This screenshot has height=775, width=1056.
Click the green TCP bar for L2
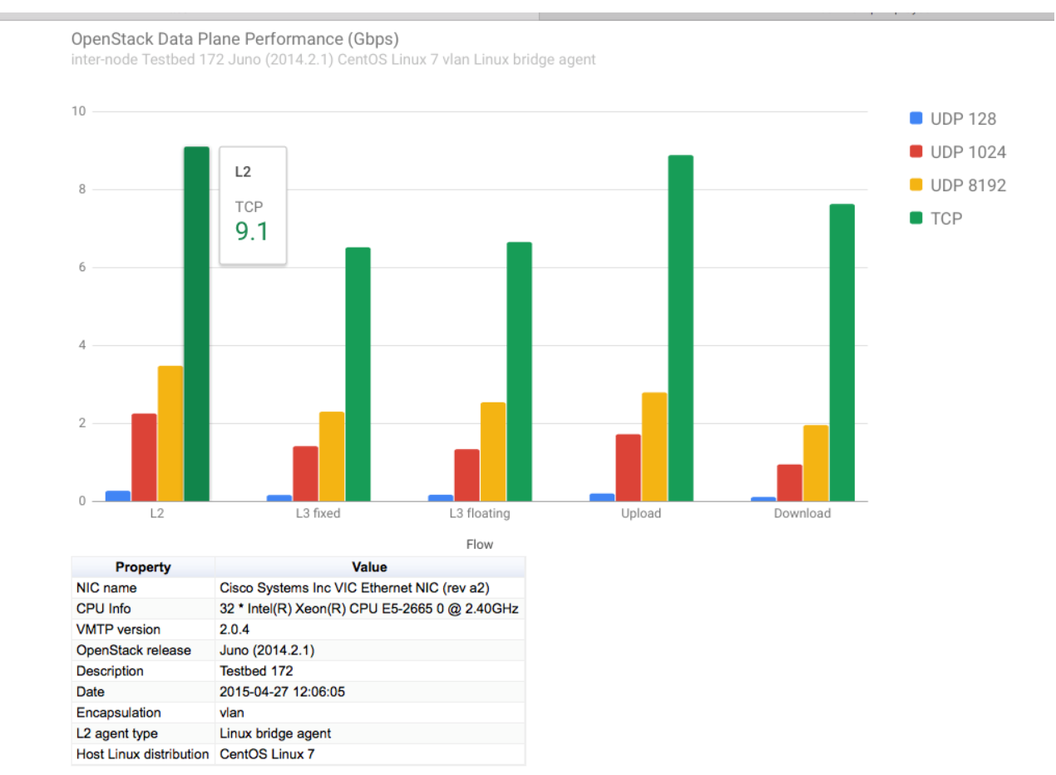click(x=196, y=323)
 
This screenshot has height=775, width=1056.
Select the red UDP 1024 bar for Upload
click(x=629, y=467)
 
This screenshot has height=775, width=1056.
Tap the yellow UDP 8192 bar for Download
click(x=816, y=463)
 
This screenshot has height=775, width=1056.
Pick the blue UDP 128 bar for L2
click(x=118, y=496)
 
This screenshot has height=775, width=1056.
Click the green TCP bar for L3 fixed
click(x=358, y=374)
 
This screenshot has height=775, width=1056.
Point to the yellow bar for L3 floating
click(x=493, y=452)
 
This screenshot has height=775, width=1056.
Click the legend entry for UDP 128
click(x=953, y=119)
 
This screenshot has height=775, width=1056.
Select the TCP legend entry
click(x=935, y=219)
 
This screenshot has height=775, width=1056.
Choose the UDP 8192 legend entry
click(x=958, y=185)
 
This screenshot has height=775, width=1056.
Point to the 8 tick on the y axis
click(x=82, y=189)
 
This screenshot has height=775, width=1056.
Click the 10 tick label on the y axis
click(x=79, y=111)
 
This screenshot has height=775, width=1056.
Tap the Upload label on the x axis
click(x=641, y=513)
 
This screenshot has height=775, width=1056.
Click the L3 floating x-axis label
click(x=480, y=513)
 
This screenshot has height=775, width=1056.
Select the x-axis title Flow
click(x=480, y=545)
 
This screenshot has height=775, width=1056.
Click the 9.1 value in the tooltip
click(x=252, y=231)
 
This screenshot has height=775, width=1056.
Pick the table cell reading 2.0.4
click(x=234, y=629)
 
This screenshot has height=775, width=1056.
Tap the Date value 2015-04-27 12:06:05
click(x=282, y=692)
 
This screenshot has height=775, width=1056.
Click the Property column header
click(x=143, y=567)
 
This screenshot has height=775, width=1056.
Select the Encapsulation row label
click(x=118, y=713)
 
